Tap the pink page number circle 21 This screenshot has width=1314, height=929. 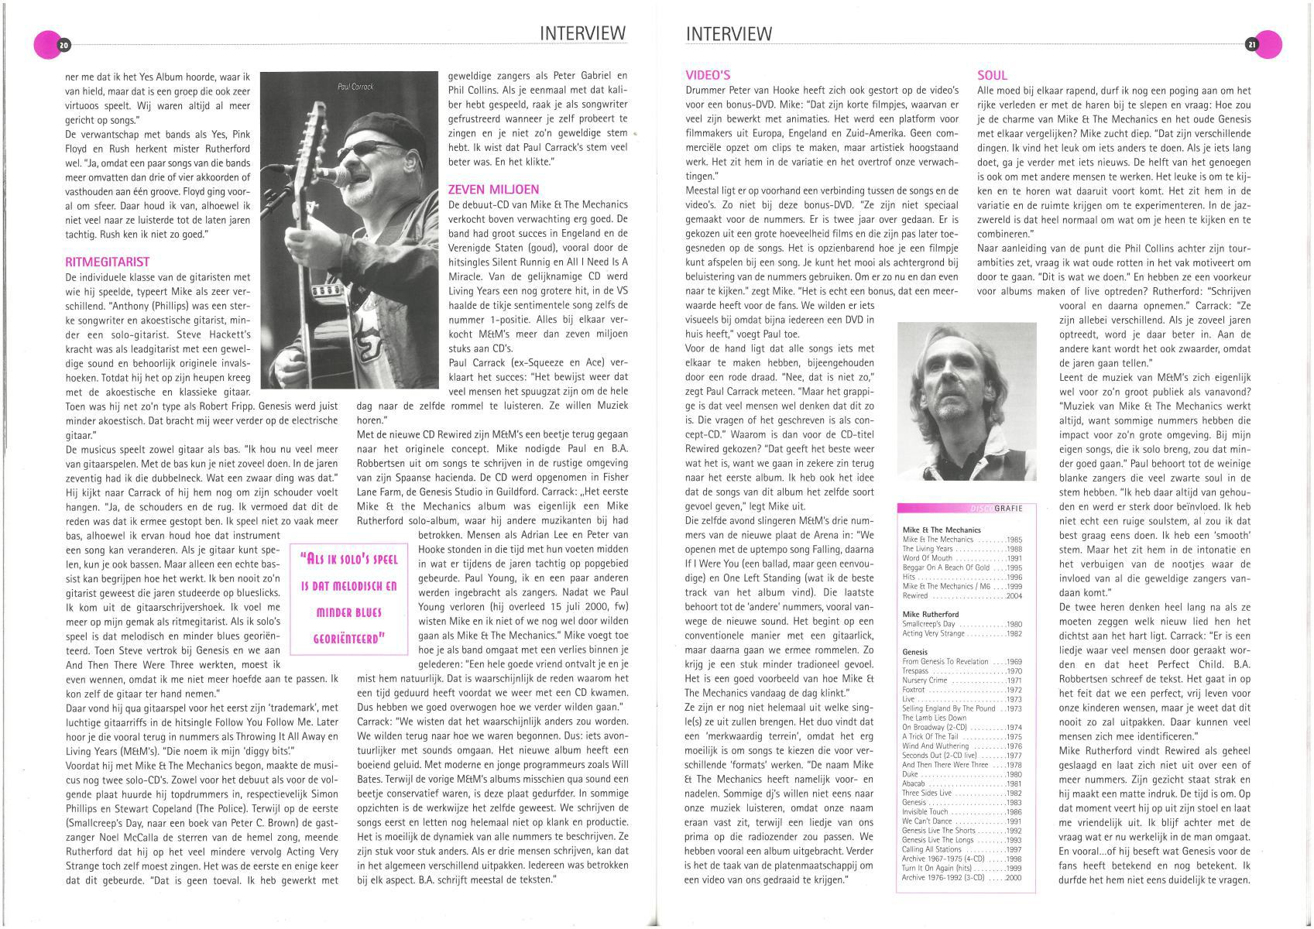coord(1262,46)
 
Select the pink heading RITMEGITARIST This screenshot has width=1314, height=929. coord(108,262)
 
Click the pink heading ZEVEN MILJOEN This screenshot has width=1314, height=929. coord(493,190)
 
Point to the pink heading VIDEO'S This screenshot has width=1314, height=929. coord(708,75)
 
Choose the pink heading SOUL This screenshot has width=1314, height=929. coord(992,75)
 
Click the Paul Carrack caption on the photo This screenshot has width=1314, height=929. coord(355,87)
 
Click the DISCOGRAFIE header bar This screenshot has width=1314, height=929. coord(961,509)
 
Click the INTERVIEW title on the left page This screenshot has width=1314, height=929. coord(582,33)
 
